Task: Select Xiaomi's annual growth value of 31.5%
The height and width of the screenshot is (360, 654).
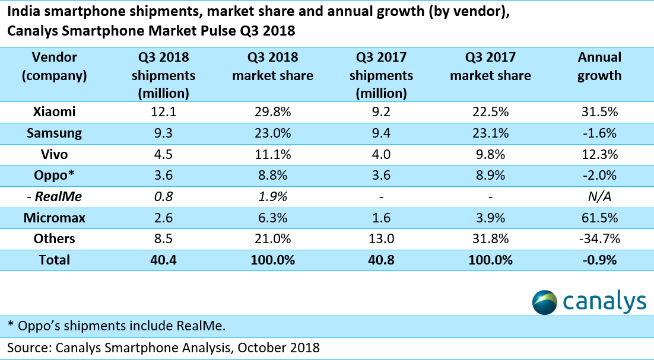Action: [599, 111]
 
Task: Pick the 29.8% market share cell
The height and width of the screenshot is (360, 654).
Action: [272, 111]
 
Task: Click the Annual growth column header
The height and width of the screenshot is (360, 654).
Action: [599, 66]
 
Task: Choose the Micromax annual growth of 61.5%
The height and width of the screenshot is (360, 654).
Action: [599, 218]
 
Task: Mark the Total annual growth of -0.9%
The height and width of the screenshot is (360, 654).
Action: [599, 260]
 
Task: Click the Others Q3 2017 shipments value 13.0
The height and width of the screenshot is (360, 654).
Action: [382, 238]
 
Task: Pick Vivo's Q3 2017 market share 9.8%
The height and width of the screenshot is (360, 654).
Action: [491, 154]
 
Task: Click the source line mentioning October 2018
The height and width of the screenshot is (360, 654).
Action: [163, 347]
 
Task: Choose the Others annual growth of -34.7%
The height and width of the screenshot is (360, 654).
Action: [599, 238]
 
